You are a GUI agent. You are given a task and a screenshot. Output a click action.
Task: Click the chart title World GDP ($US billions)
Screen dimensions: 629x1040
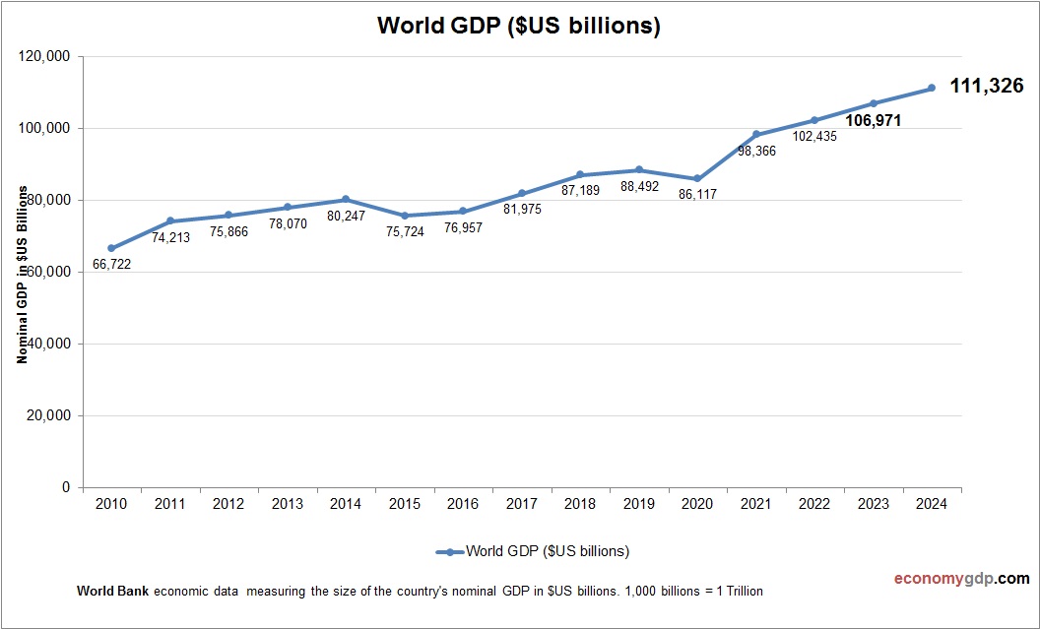(518, 27)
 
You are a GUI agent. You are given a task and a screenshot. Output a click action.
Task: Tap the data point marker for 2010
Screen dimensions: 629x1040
(111, 248)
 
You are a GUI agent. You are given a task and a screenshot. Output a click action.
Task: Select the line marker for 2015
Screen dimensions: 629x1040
(404, 216)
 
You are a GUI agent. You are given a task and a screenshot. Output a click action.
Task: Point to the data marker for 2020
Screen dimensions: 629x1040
(697, 178)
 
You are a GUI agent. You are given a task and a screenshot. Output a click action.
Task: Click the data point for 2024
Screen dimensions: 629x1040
(931, 89)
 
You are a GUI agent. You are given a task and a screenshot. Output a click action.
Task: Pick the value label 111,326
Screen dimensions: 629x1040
(986, 87)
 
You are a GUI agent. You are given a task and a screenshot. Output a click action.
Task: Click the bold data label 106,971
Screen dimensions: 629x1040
(875, 121)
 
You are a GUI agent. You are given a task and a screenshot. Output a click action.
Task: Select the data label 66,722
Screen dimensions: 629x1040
(111, 264)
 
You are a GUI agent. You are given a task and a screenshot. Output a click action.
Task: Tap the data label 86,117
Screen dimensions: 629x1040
(697, 195)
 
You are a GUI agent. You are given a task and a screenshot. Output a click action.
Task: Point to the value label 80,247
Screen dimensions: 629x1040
(346, 216)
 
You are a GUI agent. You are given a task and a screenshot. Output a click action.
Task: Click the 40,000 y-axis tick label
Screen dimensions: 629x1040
(47, 345)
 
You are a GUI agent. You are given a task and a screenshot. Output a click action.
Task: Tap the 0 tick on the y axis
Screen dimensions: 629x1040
(66, 487)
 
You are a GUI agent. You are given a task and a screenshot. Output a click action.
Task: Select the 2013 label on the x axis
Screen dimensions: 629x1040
(287, 504)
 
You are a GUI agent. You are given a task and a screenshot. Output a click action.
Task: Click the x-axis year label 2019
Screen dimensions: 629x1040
(638, 504)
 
